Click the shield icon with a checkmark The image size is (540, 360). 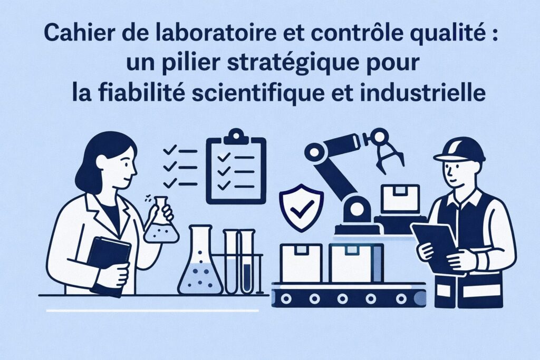click(301, 207)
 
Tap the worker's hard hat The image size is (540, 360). click(459, 149)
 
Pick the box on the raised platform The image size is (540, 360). click(400, 199)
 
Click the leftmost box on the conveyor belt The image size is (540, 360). click(301, 262)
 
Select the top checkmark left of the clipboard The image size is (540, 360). click(170, 151)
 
